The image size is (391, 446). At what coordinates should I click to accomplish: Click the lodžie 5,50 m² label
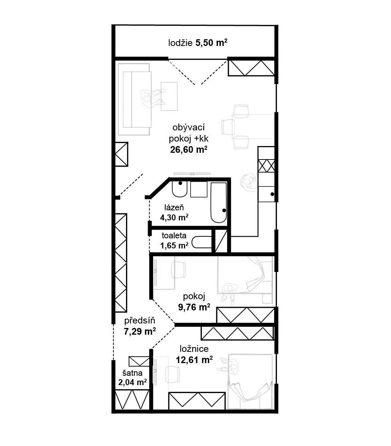pyautogui.click(x=198, y=43)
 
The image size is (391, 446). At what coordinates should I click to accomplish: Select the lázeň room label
pyautogui.click(x=174, y=208)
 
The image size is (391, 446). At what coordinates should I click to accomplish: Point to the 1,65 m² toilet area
pyautogui.click(x=174, y=245)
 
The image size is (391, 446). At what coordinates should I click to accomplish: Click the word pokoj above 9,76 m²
pyautogui.click(x=194, y=297)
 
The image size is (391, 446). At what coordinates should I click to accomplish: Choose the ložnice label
pyautogui.click(x=194, y=349)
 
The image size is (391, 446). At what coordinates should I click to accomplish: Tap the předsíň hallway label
pyautogui.click(x=140, y=320)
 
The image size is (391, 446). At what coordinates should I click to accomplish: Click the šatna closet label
pyautogui.click(x=132, y=373)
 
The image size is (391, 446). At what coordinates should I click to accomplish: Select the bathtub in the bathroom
pyautogui.click(x=219, y=202)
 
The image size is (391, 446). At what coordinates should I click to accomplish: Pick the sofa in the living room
pyautogui.click(x=134, y=99)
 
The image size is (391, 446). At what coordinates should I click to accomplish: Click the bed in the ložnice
pyautogui.click(x=250, y=381)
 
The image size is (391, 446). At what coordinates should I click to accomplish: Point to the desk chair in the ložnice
pyautogui.click(x=173, y=374)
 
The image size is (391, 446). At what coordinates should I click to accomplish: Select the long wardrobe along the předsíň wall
pyautogui.click(x=121, y=263)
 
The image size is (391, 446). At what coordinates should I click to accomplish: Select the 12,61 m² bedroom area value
pyautogui.click(x=194, y=360)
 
